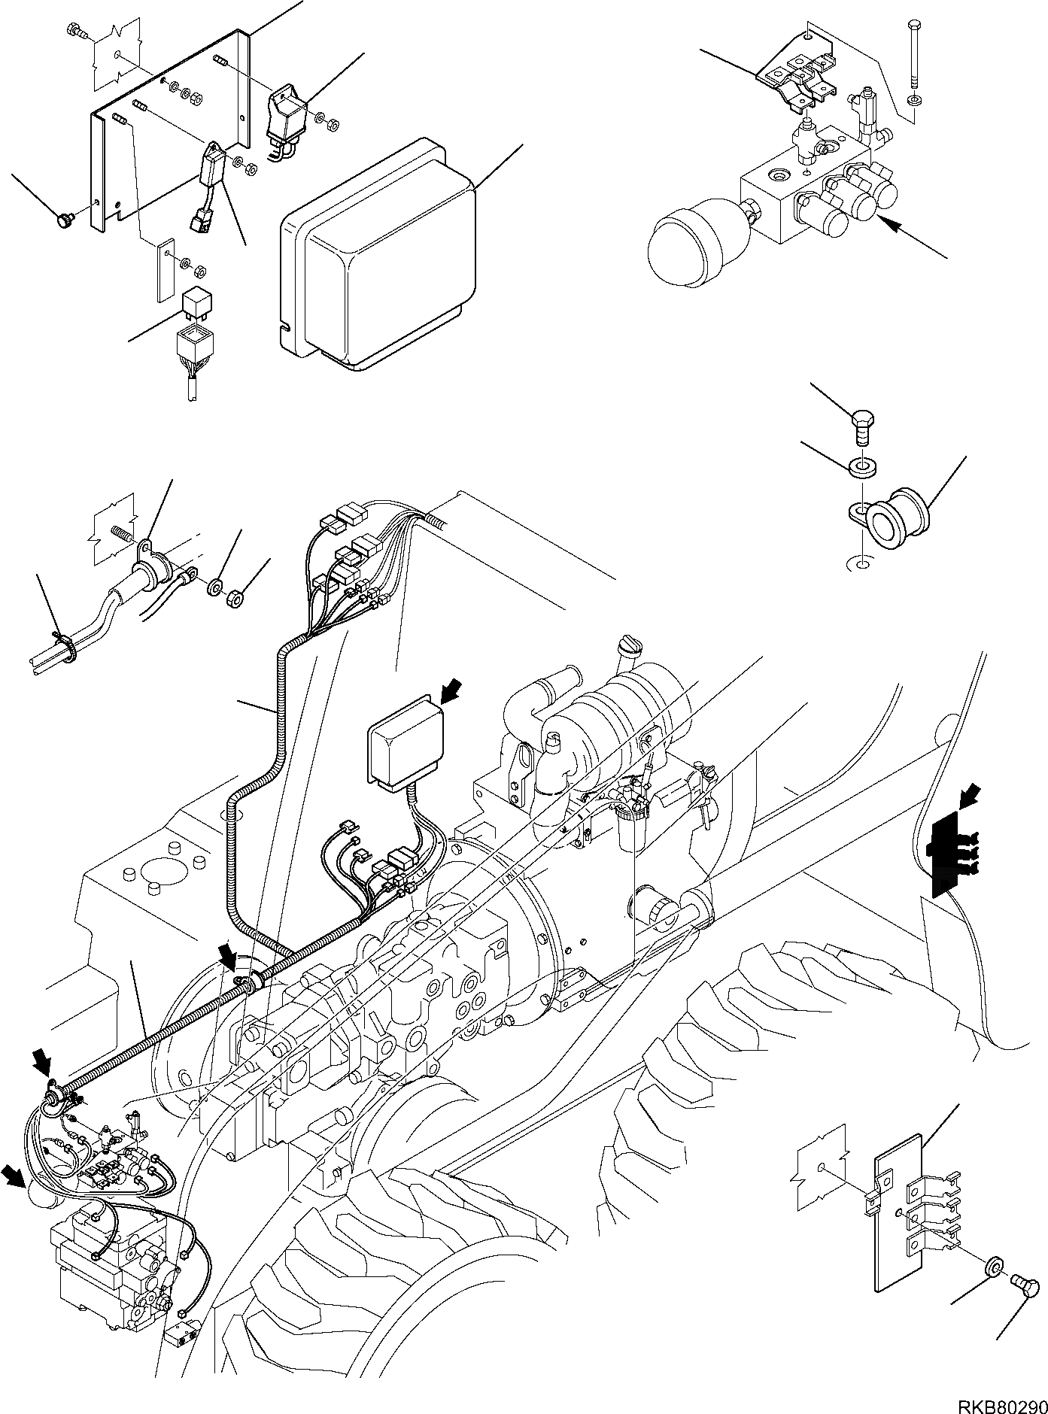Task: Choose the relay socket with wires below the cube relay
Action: tap(193, 350)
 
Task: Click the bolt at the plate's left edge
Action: tap(62, 221)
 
